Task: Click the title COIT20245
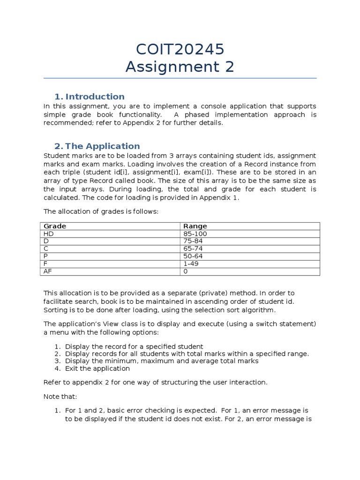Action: tap(180, 49)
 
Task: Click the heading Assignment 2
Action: tap(180, 67)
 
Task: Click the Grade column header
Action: tap(55, 226)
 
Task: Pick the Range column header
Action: tap(195, 226)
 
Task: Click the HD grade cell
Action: tap(49, 233)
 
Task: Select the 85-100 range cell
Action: tap(195, 233)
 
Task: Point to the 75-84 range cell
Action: tap(193, 241)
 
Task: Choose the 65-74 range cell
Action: tap(193, 248)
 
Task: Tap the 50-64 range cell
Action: tap(193, 256)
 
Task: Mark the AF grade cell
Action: tap(48, 271)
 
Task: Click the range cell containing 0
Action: tap(186, 271)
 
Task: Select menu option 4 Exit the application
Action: tap(97, 368)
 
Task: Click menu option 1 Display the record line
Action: tap(134, 346)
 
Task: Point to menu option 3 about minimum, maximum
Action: tap(162, 361)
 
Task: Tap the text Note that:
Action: tap(58, 397)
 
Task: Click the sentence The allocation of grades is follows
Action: tap(101, 211)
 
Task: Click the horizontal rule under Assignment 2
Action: tap(180, 78)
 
